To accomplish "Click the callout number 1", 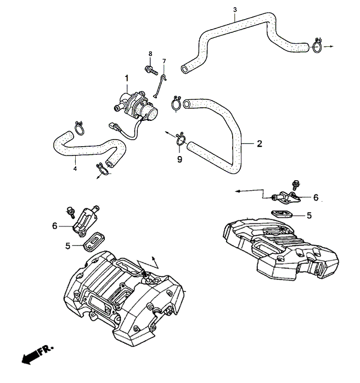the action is [x=127, y=79].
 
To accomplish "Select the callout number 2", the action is [x=260, y=143].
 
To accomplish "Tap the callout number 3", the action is [x=235, y=10].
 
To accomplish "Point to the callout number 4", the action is [x=75, y=169].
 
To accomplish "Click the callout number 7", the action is [x=164, y=61].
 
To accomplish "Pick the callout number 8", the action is [x=150, y=53].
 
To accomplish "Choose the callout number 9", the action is [x=179, y=159].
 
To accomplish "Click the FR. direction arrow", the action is [x=37, y=354].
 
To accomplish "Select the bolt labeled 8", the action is [x=151, y=70].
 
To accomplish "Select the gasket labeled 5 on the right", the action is [x=282, y=214].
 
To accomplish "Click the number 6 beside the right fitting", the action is [x=316, y=197].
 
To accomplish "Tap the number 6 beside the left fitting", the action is [x=55, y=226].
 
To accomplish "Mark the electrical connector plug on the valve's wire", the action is [x=114, y=126].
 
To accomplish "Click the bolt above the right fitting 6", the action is [x=296, y=185].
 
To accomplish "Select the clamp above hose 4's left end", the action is [x=79, y=128].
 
